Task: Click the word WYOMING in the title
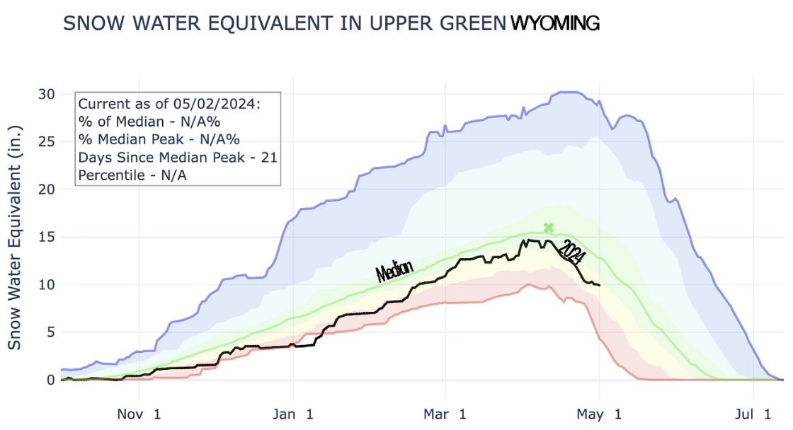[x=554, y=23]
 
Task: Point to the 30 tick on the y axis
[x=46, y=93]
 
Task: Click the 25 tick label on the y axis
[x=46, y=141]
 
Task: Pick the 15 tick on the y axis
[x=46, y=237]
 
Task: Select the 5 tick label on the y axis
[x=50, y=332]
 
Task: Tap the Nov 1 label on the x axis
[x=139, y=414]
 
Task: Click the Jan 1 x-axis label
[x=292, y=414]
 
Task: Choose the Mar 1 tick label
[x=445, y=414]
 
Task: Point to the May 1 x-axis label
[x=599, y=414]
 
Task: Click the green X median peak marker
[x=549, y=228]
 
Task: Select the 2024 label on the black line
[x=571, y=251]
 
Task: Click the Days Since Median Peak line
[x=178, y=156]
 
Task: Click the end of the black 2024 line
[x=600, y=285]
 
